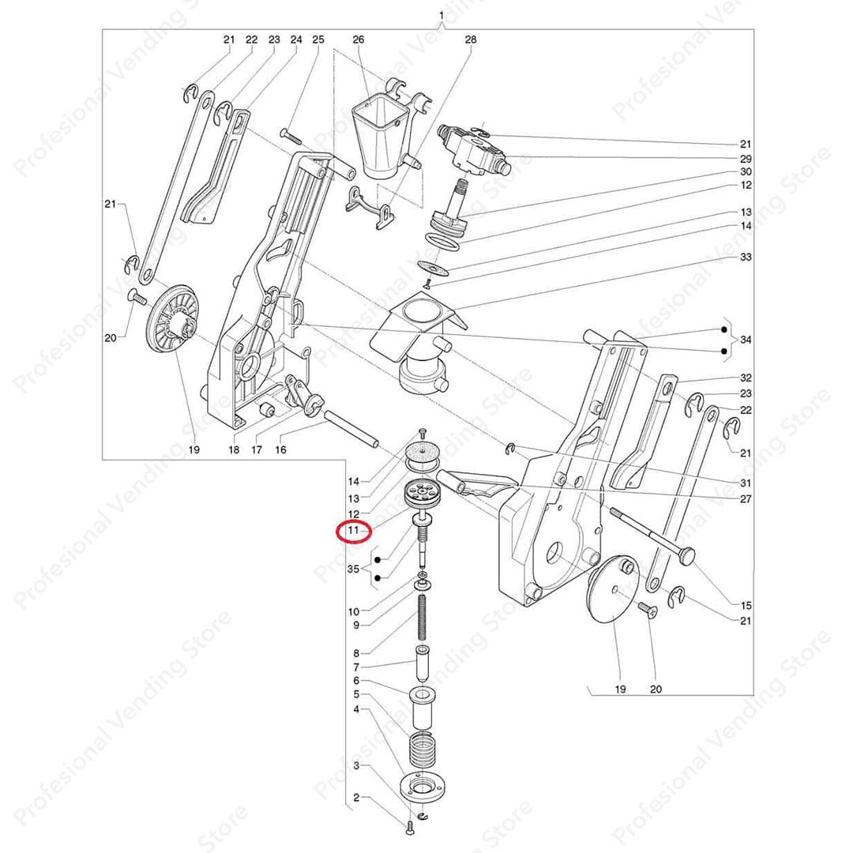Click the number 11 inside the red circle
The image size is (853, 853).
[x=353, y=530]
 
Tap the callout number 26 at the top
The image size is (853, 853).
[x=358, y=39]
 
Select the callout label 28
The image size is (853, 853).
[x=471, y=39]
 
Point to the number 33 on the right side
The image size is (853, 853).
[x=746, y=257]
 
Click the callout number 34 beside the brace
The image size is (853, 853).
[x=746, y=340]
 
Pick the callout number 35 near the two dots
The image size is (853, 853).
[x=353, y=569]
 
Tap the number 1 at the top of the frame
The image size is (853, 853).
[x=442, y=16]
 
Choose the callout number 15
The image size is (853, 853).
[x=746, y=606]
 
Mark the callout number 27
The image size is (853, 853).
[x=746, y=499]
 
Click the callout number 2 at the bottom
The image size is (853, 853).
[x=356, y=798]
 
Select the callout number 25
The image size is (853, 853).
[x=318, y=39]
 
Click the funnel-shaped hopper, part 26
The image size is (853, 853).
[x=380, y=139]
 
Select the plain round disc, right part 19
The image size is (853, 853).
[x=613, y=589]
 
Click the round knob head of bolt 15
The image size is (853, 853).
[x=686, y=555]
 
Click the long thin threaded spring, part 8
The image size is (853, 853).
[x=422, y=617]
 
